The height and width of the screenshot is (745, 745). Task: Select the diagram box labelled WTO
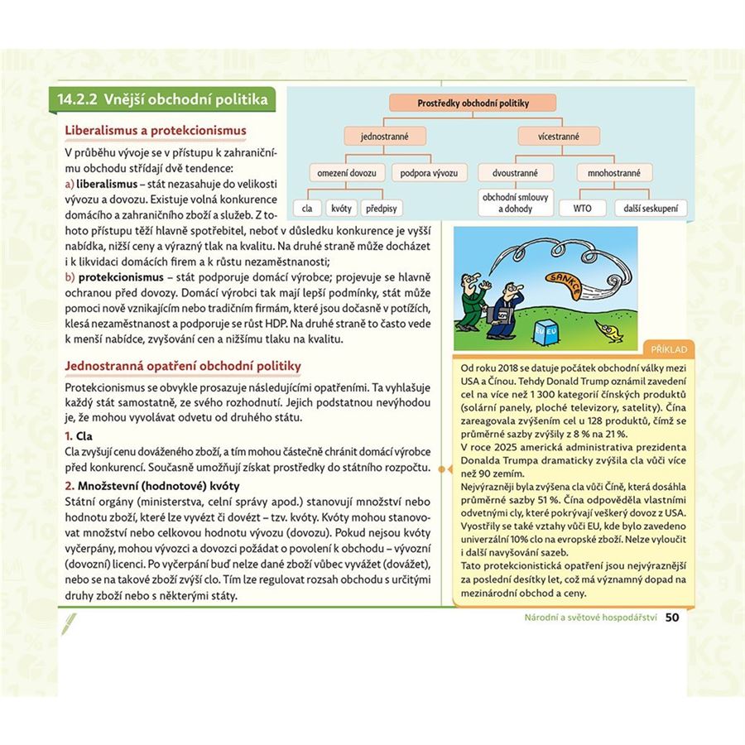(583, 209)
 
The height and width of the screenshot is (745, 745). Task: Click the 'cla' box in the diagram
(307, 209)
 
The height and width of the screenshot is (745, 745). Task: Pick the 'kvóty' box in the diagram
(339, 209)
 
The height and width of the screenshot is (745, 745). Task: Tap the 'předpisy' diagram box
(382, 209)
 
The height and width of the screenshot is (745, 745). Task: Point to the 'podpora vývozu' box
(429, 173)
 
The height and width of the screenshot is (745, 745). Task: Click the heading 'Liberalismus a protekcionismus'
(156, 131)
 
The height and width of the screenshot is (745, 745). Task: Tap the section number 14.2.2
(74, 100)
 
